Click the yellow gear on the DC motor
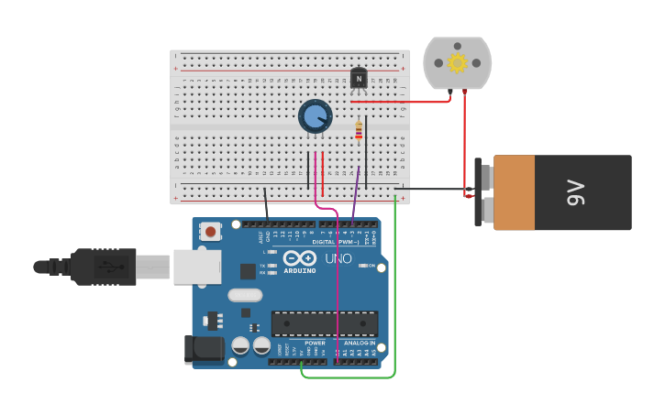[457, 62]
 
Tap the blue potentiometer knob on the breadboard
[315, 116]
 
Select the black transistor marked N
[359, 80]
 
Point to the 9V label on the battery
[575, 192]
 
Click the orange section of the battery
[514, 192]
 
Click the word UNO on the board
[338, 258]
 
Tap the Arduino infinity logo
[299, 258]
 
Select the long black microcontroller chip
[324, 323]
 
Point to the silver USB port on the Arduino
[196, 267]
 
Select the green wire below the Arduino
[349, 377]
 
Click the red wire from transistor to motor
[404, 102]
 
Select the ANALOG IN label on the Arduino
[360, 343]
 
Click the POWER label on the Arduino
[315, 343]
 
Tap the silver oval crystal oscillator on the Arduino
[245, 295]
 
